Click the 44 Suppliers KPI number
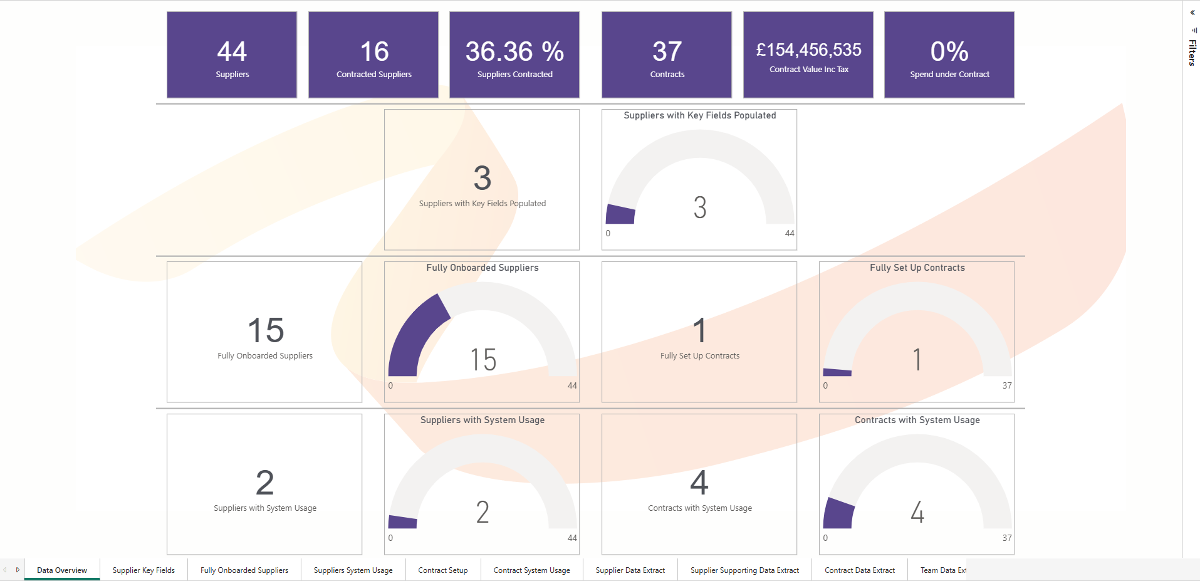pyautogui.click(x=232, y=51)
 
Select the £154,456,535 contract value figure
pyautogui.click(x=808, y=50)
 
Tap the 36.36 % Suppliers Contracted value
pyautogui.click(x=514, y=51)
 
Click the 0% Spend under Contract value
pyautogui.click(x=949, y=51)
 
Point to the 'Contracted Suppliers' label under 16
pyautogui.click(x=374, y=75)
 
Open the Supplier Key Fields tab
pyautogui.click(x=143, y=570)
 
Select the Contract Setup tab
pyautogui.click(x=443, y=570)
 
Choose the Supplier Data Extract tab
pyautogui.click(x=630, y=570)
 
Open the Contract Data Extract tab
pyautogui.click(x=860, y=570)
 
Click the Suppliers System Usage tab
pyautogui.click(x=353, y=570)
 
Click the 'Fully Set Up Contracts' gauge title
pyautogui.click(x=917, y=268)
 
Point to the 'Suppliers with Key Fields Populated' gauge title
pyautogui.click(x=700, y=115)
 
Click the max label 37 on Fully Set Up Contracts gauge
pyautogui.click(x=1007, y=386)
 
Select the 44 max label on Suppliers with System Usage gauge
pyautogui.click(x=572, y=538)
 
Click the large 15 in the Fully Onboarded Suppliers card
pyautogui.click(x=266, y=330)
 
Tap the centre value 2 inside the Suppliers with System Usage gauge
pyautogui.click(x=483, y=513)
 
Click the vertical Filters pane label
pyautogui.click(x=1192, y=53)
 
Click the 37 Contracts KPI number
pyautogui.click(x=667, y=51)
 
